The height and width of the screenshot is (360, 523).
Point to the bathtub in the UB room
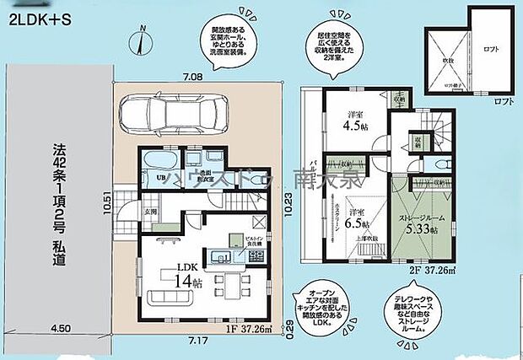pos(159,162)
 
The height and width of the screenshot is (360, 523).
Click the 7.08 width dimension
pos(191,78)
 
